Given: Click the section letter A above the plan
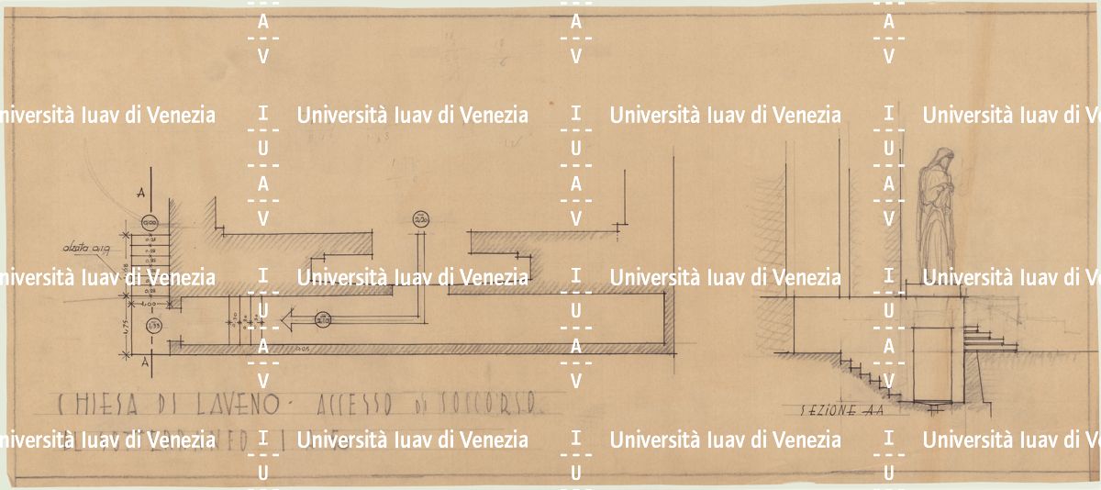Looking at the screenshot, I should click(x=139, y=193).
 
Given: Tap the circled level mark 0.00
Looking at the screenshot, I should click(x=150, y=222).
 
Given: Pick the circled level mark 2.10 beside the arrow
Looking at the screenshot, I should click(x=322, y=319).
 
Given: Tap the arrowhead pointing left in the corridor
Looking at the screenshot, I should click(x=286, y=320).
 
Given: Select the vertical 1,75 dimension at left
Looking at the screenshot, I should click(x=125, y=324).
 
